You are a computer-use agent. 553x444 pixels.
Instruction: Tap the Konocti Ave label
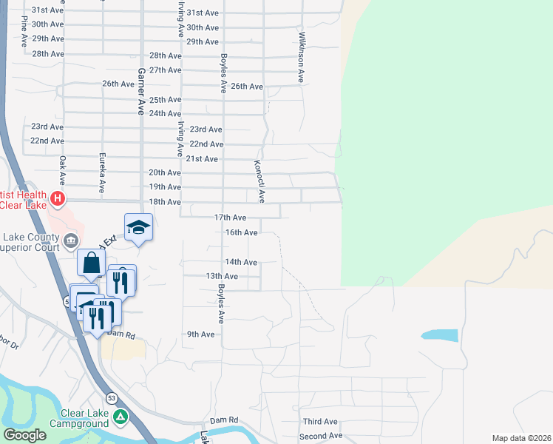[x=259, y=182]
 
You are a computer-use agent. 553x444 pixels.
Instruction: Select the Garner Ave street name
[x=139, y=92]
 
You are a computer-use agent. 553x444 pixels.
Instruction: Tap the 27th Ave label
[x=165, y=70]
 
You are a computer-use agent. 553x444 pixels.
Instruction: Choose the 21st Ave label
[x=202, y=159]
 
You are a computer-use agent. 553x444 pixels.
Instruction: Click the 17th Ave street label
[x=230, y=218]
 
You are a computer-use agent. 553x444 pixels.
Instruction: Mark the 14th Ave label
[x=241, y=262]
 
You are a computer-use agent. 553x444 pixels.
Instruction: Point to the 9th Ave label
[x=200, y=334]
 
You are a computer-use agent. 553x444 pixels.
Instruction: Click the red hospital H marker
[x=57, y=199]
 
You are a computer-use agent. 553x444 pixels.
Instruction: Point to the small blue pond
[x=440, y=335]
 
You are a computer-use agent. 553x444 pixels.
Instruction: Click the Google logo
[x=24, y=436]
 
